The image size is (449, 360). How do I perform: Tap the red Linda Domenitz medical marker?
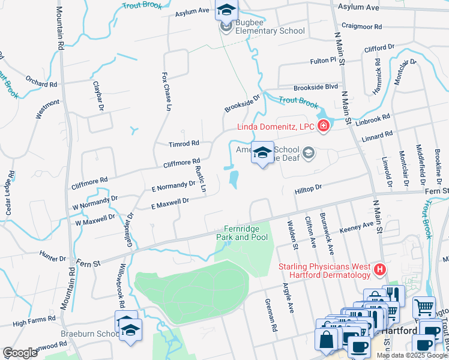click(x=324, y=125)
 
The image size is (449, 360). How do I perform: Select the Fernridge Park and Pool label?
click(x=246, y=233)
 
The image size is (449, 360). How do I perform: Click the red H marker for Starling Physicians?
click(x=379, y=271)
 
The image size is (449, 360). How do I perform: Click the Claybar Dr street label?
click(x=98, y=96)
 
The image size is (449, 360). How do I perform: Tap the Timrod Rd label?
click(x=184, y=144)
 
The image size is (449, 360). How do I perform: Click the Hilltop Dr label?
click(x=308, y=188)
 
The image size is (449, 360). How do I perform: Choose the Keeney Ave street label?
click(x=357, y=227)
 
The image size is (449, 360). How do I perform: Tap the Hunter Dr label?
click(x=53, y=258)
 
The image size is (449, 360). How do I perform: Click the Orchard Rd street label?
click(x=41, y=81)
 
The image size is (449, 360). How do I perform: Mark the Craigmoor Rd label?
click(x=361, y=26)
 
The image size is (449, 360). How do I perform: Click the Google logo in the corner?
click(x=20, y=353)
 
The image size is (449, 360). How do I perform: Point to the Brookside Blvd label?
click(x=315, y=87)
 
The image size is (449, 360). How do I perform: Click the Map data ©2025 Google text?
click(x=412, y=355)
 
